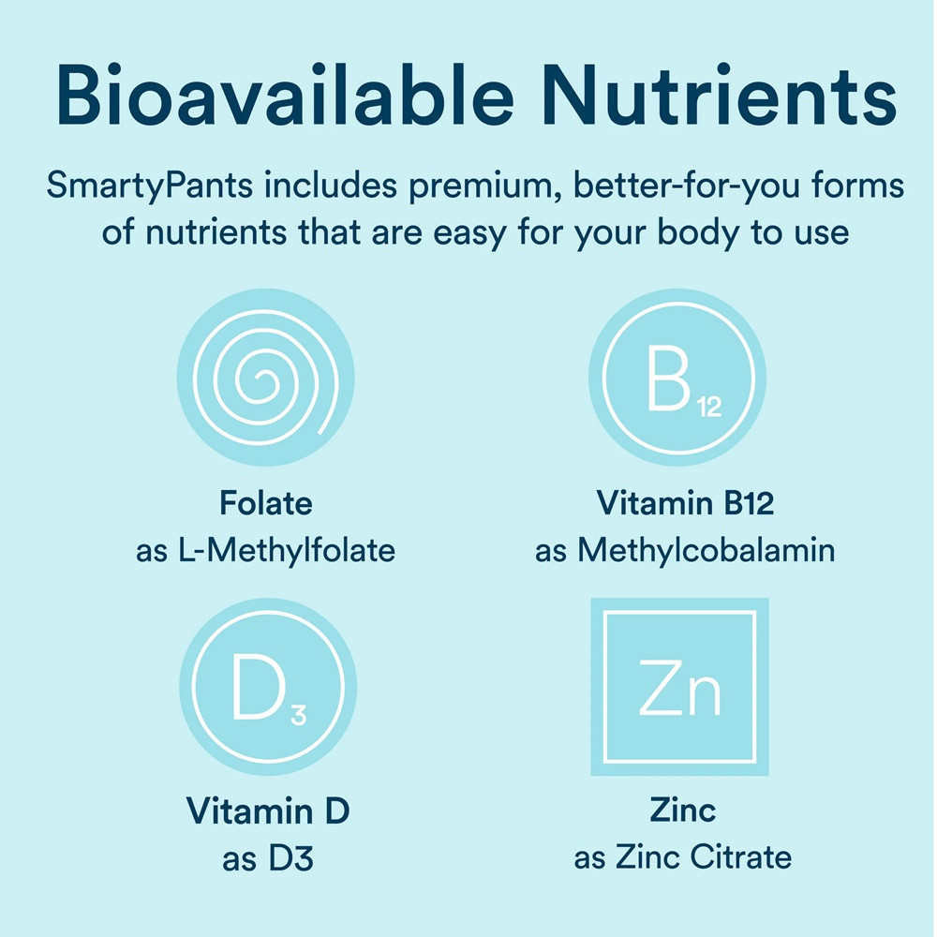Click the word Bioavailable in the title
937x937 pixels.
click(x=289, y=97)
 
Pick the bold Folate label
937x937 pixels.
click(x=265, y=504)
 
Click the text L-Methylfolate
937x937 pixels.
click(x=286, y=550)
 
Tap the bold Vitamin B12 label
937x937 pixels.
click(x=685, y=504)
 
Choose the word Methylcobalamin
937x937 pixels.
click(x=706, y=550)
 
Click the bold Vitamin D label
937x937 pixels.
click(x=268, y=811)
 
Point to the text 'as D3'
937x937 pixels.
click(x=267, y=857)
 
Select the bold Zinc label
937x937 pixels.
click(x=683, y=809)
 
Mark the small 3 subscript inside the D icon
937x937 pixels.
click(x=298, y=718)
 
